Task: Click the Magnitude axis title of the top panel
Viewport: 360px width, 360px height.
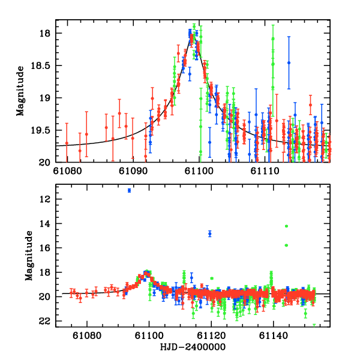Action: point(20,91)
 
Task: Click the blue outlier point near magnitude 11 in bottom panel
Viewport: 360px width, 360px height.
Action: point(129,190)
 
